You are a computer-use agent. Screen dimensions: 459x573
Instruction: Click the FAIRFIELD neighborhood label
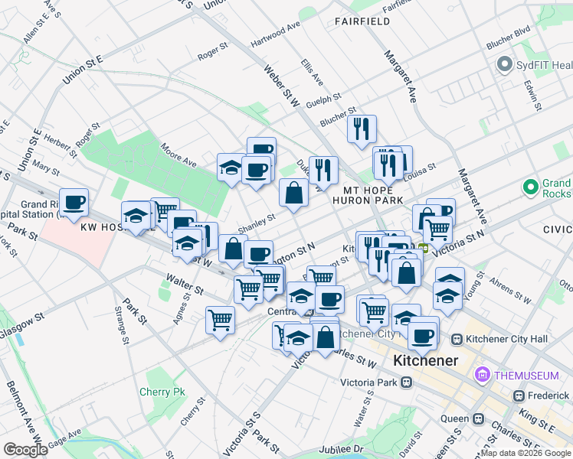[362, 21]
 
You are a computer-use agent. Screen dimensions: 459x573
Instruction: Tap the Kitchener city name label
[425, 360]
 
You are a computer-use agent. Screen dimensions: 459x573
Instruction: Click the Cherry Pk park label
[162, 392]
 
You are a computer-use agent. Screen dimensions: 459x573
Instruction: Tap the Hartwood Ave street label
[275, 36]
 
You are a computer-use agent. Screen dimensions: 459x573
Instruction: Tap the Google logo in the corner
[25, 449]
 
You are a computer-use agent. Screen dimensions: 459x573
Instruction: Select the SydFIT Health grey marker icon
[504, 64]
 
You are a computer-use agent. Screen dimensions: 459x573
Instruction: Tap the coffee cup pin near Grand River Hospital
[74, 203]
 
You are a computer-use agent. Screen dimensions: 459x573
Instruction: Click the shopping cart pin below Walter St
[220, 319]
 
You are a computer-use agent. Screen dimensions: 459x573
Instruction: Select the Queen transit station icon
[478, 419]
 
